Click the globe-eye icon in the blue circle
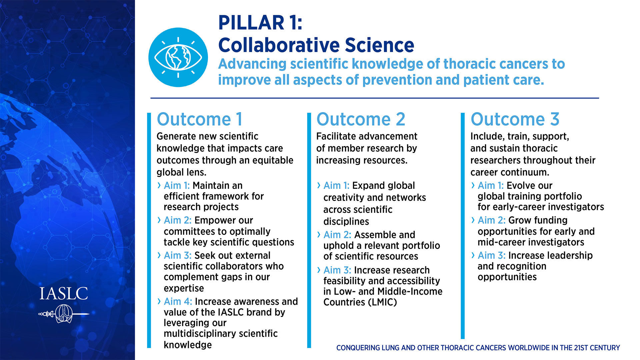coord(178,57)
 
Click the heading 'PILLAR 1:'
coord(260,23)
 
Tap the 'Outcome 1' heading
coord(200,119)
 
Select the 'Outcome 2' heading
coord(361,119)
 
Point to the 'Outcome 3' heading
coord(515,119)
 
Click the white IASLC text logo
coord(64,294)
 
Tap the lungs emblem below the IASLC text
coord(64,314)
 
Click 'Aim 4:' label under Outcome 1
coord(178,301)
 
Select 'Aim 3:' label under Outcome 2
coord(337,270)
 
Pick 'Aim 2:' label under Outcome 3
coord(492,220)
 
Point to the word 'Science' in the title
coord(379,45)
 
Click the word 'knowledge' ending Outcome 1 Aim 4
coord(188,345)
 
